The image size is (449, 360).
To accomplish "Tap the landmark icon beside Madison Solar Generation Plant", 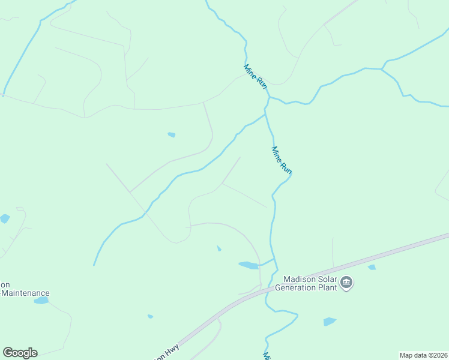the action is click(346, 282).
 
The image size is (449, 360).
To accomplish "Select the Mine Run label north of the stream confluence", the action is click(255, 77).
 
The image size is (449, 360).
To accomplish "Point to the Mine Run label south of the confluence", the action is click(282, 160).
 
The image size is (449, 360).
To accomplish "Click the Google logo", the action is click(20, 353).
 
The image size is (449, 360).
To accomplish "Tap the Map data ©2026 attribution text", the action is click(424, 355).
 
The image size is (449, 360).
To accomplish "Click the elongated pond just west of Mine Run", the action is click(248, 265).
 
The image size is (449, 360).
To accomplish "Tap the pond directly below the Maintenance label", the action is click(41, 300).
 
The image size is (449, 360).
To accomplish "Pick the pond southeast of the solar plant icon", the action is click(330, 322).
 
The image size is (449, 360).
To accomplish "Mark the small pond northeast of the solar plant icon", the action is click(372, 267).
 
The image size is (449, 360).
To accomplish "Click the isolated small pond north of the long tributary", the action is click(172, 134).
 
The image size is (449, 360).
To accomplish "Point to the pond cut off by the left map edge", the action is click(4, 218).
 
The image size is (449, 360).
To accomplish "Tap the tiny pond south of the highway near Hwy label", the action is click(150, 316).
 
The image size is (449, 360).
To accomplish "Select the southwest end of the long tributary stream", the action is click(94, 265).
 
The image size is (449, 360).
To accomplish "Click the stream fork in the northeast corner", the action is click(381, 70).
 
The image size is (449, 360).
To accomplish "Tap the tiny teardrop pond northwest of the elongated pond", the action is click(219, 248).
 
